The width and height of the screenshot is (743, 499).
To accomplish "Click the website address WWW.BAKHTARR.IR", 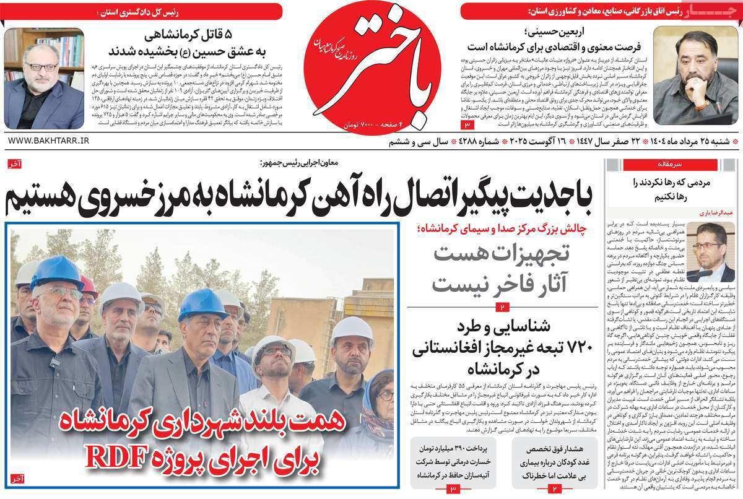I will pyautogui.click(x=49, y=142).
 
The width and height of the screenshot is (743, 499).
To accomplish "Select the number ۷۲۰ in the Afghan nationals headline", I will pyautogui.click(x=563, y=351).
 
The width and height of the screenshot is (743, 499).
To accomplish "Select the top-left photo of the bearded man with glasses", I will pyautogui.click(x=43, y=79).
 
